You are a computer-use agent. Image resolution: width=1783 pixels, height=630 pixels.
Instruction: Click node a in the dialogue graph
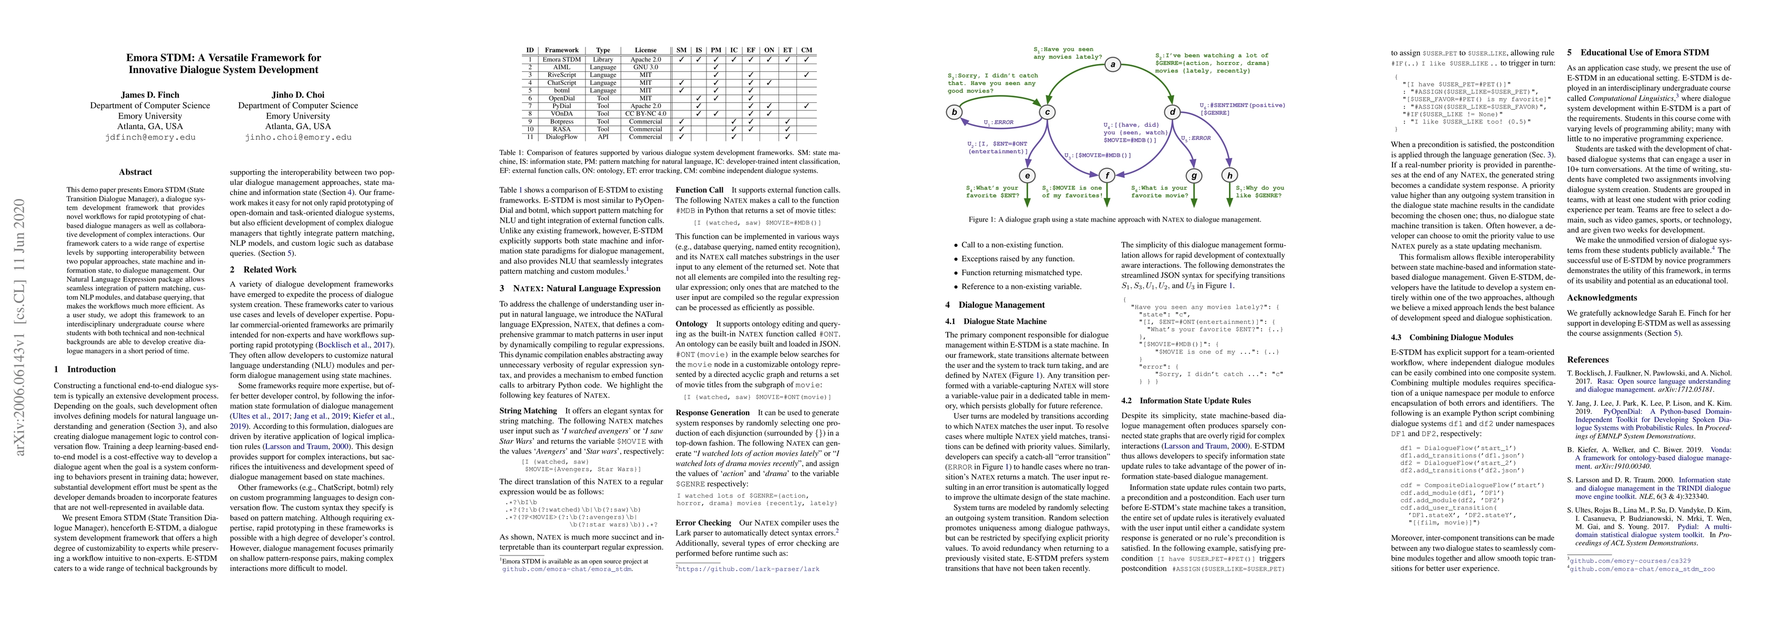[1113, 65]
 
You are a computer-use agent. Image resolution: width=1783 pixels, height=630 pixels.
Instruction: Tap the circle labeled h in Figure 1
[1229, 176]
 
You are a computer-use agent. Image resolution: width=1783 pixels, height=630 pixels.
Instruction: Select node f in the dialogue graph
[1108, 176]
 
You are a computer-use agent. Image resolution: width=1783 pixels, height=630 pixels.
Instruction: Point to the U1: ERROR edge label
[998, 122]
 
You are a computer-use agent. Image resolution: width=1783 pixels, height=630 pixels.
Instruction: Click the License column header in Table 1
[645, 50]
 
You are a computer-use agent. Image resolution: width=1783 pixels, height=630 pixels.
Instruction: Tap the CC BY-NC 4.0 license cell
[645, 113]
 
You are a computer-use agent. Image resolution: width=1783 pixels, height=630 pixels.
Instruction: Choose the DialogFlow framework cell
[561, 137]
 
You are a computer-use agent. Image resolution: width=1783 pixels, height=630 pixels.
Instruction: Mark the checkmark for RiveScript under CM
[806, 75]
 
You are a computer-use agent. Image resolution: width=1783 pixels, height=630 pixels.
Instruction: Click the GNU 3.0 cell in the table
[645, 67]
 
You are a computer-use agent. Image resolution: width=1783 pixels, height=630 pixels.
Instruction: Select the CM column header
[806, 50]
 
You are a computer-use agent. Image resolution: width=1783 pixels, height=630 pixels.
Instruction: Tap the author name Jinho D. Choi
[298, 94]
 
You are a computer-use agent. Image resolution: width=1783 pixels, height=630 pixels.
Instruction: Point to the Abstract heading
[136, 172]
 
